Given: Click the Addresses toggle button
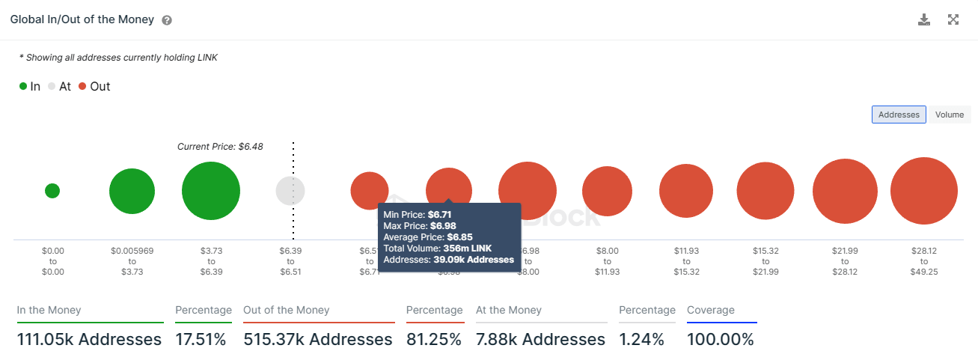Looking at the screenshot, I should click(x=899, y=115).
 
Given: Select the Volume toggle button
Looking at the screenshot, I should click(x=949, y=115).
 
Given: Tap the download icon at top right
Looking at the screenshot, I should click(x=924, y=19).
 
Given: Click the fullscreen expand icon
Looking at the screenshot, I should click(x=953, y=19).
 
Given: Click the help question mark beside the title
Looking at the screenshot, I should click(x=167, y=20).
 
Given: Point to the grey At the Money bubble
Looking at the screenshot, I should click(x=290, y=191).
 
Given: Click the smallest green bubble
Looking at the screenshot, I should click(x=52, y=191).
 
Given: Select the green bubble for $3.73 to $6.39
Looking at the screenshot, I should click(x=211, y=191).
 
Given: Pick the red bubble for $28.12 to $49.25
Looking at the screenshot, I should click(x=924, y=191).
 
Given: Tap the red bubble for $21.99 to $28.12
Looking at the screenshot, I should click(x=845, y=191).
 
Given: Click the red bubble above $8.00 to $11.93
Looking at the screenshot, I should click(x=608, y=191).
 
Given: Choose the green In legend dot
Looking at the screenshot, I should click(x=23, y=87).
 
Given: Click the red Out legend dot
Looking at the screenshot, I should click(x=82, y=87).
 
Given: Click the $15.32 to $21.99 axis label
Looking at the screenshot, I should click(x=765, y=261).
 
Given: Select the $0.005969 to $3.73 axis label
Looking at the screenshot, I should click(x=132, y=261).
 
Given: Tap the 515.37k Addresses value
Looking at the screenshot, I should click(x=318, y=339).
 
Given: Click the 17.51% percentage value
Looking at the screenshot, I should click(x=201, y=339).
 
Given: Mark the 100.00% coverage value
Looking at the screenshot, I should click(x=721, y=339).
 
